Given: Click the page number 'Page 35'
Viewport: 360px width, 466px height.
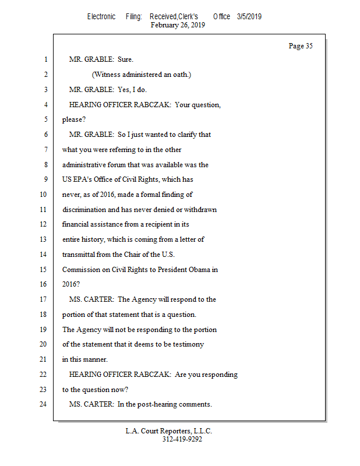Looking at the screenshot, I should coord(301,46).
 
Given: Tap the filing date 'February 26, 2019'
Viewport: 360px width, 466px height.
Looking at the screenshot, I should coord(178,25).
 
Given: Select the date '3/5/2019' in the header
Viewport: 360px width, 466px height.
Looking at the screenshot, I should coord(249,17).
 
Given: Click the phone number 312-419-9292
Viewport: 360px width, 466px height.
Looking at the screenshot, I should coord(182,439).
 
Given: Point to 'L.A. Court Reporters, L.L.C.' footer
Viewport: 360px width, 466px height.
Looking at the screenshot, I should coord(169,431).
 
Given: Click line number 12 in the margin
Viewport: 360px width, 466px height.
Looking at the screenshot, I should coord(43,224).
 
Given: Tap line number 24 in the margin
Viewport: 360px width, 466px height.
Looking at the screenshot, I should coord(43,404).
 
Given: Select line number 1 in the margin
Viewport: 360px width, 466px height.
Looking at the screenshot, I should coord(45,59).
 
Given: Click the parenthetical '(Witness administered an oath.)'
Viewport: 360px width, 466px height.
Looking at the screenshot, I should coord(142,75).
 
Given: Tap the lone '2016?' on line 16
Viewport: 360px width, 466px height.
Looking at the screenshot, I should coord(71,284).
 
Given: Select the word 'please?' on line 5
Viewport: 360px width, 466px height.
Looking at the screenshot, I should coord(74,119).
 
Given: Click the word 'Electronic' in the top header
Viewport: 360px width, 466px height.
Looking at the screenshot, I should coord(101,17).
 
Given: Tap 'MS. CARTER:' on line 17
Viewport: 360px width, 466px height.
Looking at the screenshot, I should coord(91,299).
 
